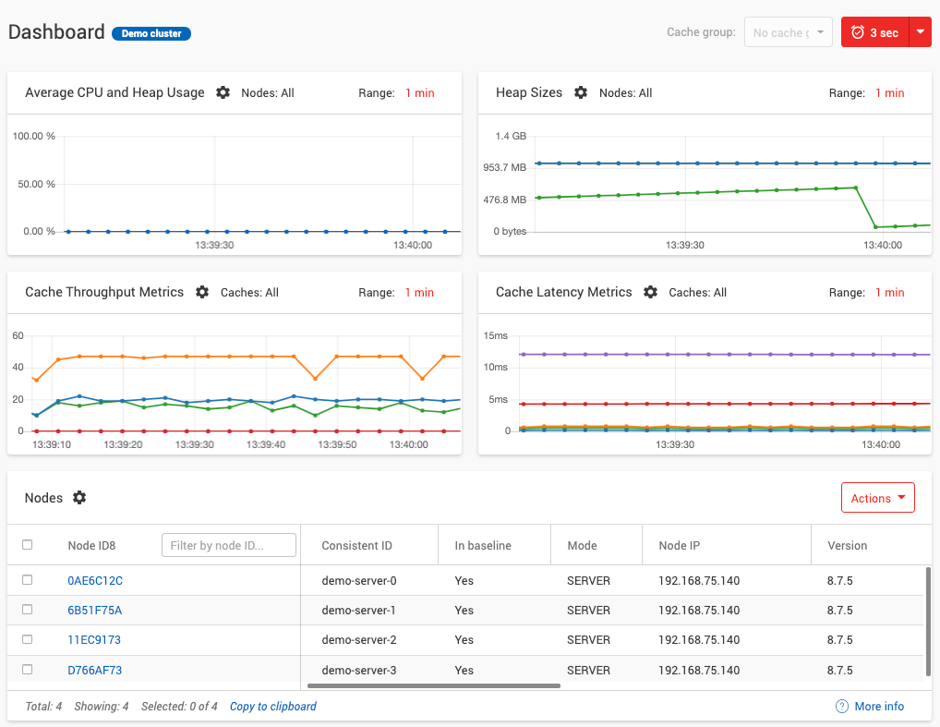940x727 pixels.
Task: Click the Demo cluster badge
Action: click(151, 33)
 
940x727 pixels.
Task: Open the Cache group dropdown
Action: click(788, 32)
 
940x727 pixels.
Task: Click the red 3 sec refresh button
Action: click(874, 32)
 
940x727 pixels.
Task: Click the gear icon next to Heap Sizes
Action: click(581, 92)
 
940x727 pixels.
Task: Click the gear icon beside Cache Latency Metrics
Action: click(650, 292)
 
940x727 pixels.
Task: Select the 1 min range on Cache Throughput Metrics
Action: click(419, 292)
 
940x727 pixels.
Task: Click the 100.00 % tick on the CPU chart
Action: click(33, 136)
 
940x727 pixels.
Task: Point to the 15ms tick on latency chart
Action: click(496, 335)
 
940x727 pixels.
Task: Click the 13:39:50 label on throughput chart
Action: click(338, 444)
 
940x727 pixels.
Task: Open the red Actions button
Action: click(877, 498)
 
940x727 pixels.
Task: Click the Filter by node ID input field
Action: click(229, 545)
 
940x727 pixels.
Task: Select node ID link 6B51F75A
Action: click(94, 610)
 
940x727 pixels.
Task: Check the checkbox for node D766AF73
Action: click(28, 669)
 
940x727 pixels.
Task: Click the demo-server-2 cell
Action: click(358, 639)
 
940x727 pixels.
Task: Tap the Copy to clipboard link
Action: click(272, 706)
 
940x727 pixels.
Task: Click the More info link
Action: click(878, 706)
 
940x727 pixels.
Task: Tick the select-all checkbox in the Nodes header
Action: click(28, 545)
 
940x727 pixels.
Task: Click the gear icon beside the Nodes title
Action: click(79, 498)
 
